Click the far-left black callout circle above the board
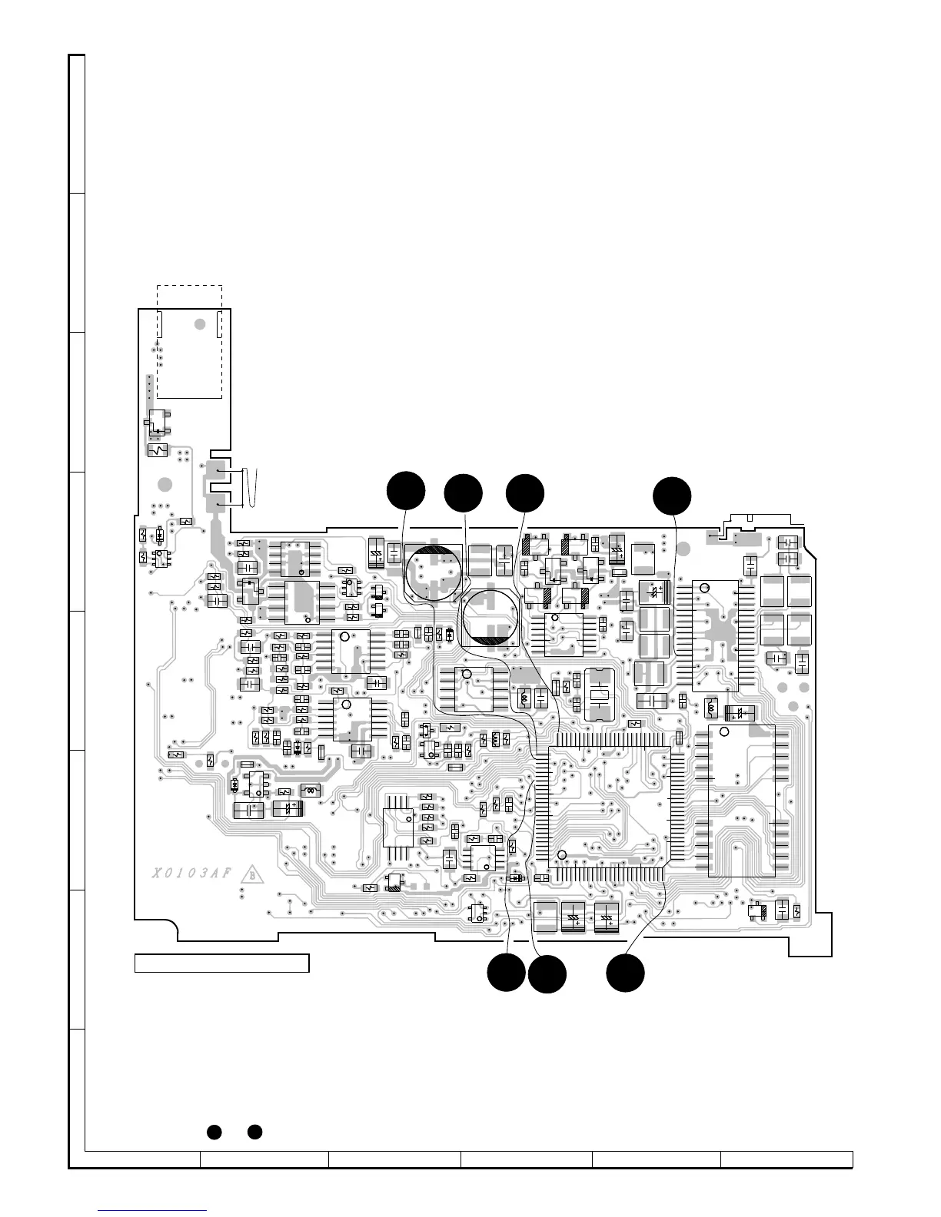tap(405, 491)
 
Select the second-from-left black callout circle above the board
tap(464, 493)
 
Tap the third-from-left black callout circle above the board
tap(525, 493)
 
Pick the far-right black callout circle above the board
tap(672, 495)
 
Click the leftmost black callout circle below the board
tap(507, 972)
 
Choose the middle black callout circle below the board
tap(547, 974)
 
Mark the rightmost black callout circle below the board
tap(625, 972)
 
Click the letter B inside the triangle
tap(250, 874)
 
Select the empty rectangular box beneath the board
tap(221, 963)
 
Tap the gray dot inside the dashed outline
tap(199, 325)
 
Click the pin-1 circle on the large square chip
tap(562, 855)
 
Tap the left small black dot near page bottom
tap(214, 1131)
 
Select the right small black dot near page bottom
tap(255, 1131)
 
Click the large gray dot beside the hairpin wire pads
tap(165, 485)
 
